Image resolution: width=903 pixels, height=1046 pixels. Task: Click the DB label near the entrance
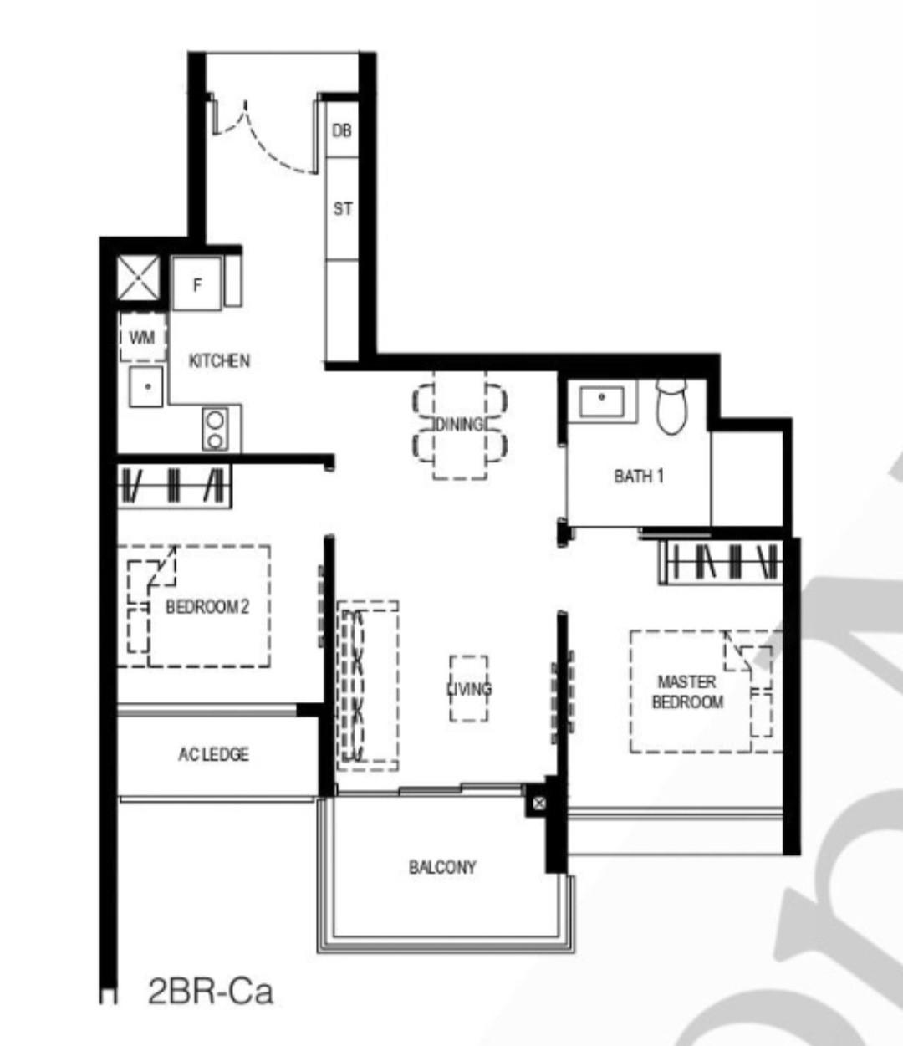click(342, 130)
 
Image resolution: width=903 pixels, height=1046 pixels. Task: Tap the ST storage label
click(343, 208)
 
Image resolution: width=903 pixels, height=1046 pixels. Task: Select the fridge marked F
click(197, 284)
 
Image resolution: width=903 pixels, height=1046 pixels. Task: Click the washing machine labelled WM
click(142, 338)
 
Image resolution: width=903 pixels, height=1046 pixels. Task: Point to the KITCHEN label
click(219, 361)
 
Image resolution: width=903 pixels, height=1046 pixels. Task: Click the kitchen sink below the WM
click(146, 386)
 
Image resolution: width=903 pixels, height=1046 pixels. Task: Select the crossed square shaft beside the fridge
click(137, 277)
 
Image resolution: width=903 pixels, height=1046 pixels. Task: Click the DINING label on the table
click(459, 424)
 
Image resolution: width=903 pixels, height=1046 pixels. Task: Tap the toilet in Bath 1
click(671, 407)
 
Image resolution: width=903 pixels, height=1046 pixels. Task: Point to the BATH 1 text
click(639, 477)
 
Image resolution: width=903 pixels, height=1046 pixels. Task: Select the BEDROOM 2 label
click(207, 606)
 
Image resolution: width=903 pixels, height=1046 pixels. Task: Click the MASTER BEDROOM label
click(687, 692)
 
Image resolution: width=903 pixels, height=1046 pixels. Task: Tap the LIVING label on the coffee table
click(469, 688)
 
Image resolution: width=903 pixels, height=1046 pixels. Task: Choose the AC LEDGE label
click(213, 754)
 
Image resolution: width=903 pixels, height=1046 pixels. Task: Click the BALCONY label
click(442, 867)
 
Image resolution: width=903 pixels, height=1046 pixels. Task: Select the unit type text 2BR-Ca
click(210, 992)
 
